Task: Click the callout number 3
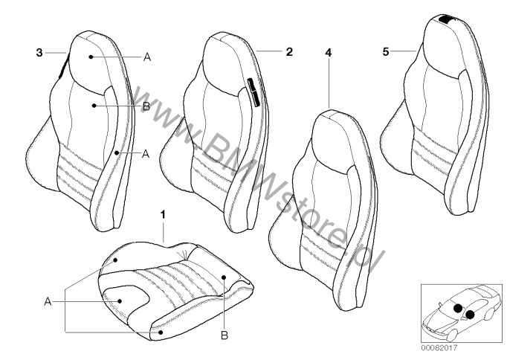pos(39,52)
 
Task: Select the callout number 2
pos(289,52)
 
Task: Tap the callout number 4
pos(329,52)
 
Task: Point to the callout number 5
pos(385,52)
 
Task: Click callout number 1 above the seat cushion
pos(163,214)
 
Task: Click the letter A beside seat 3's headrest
pos(147,57)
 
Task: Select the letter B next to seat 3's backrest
pos(146,106)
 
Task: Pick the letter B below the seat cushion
pos(225,335)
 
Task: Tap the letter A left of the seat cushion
pos(48,302)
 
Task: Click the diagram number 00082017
pos(439,348)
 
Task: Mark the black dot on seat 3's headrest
pos(91,57)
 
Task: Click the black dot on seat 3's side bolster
pos(117,152)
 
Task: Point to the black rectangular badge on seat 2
pos(254,92)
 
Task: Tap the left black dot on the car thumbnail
pos(458,308)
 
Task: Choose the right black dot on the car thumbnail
pos(470,315)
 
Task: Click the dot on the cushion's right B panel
pos(224,277)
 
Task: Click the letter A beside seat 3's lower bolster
pos(146,153)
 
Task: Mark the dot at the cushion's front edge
pos(161,332)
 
